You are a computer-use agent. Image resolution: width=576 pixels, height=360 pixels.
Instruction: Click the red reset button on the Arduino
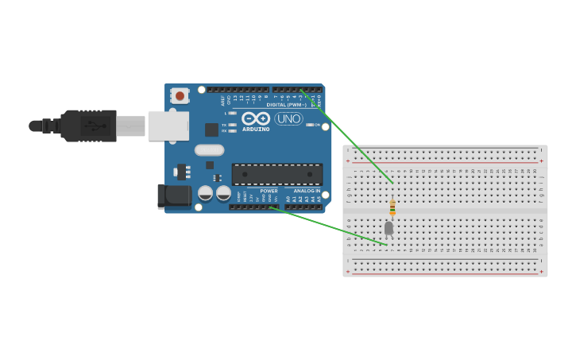[180, 96]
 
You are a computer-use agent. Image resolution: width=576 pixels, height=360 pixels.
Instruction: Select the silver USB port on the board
[168, 126]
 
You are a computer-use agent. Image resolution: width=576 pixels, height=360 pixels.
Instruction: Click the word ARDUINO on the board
[256, 129]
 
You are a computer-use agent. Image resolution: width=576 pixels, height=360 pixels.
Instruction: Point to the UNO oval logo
[288, 118]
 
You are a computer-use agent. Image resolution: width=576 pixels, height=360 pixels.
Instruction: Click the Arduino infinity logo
[256, 118]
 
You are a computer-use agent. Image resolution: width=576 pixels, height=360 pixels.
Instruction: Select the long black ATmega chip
[276, 174]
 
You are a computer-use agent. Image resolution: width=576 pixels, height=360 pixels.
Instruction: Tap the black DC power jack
[172, 196]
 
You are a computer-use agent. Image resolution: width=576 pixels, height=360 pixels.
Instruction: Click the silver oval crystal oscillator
[209, 149]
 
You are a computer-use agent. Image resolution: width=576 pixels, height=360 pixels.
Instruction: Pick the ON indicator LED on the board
[310, 125]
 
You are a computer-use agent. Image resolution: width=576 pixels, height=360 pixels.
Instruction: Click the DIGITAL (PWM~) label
[286, 105]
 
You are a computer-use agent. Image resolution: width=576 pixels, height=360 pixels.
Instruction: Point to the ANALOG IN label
[307, 191]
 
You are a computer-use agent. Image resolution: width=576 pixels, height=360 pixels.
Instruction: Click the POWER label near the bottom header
[269, 191]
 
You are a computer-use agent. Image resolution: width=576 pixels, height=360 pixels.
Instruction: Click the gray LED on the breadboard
[389, 228]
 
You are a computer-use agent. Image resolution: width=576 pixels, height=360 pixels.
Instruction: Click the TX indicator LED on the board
[232, 125]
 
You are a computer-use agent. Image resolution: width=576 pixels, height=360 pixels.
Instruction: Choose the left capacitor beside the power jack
[205, 192]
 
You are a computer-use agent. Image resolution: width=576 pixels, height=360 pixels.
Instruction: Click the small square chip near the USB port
[211, 130]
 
